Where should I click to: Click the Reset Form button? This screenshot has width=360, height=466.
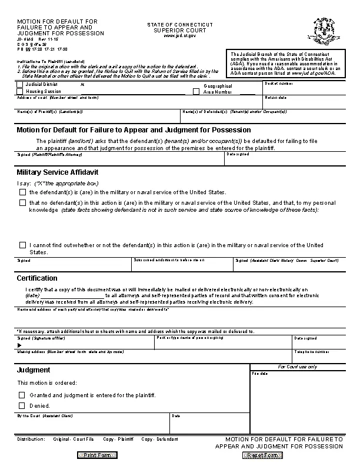point(262,455)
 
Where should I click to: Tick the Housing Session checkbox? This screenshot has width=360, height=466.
point(21,91)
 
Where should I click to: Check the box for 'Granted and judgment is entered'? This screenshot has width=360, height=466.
point(22,395)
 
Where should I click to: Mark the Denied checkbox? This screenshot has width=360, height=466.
point(22,405)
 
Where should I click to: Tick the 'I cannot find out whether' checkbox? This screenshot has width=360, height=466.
point(22,245)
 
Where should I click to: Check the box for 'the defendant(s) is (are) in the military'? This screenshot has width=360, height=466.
point(22,192)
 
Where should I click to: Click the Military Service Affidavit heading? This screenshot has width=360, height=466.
point(57,172)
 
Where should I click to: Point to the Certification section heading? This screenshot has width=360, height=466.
point(37,278)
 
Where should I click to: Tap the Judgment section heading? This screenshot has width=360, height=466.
point(34,370)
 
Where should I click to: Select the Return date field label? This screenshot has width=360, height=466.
point(276,98)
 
